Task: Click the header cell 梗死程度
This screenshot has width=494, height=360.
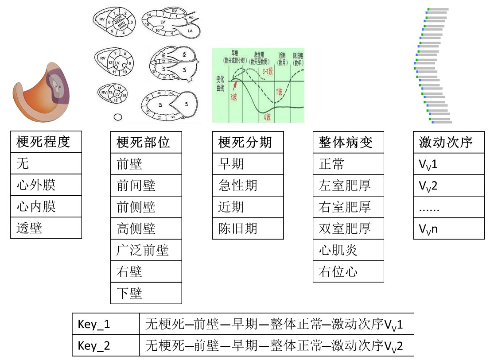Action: pyautogui.click(x=46, y=142)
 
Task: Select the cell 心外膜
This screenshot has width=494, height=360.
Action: pyautogui.click(x=46, y=185)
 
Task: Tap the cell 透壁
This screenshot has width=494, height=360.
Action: pyautogui.click(x=46, y=228)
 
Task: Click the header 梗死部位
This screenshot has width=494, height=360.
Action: pyautogui.click(x=146, y=143)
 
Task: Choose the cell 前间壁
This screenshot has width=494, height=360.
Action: pyautogui.click(x=146, y=186)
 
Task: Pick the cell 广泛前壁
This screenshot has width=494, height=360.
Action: pyautogui.click(x=146, y=250)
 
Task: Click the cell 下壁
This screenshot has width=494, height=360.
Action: pyautogui.click(x=146, y=293)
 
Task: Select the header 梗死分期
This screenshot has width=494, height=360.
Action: pyautogui.click(x=248, y=143)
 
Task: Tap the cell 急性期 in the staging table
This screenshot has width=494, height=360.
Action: pyautogui.click(x=248, y=186)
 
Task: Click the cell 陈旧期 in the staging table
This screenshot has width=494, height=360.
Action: pyautogui.click(x=248, y=228)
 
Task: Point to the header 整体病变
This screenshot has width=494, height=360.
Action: pyautogui.click(x=348, y=143)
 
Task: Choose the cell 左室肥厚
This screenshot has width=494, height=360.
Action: pyautogui.click(x=348, y=186)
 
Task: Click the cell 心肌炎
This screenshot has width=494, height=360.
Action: pyautogui.click(x=348, y=250)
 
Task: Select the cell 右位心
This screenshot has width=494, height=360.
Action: pyautogui.click(x=348, y=271)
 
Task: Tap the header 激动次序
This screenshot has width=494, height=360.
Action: pyautogui.click(x=448, y=143)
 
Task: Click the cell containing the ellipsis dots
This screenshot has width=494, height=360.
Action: pyautogui.click(x=448, y=207)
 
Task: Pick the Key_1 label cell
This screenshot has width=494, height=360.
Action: pyautogui.click(x=106, y=325)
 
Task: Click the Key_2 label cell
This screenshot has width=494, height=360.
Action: pyautogui.click(x=106, y=346)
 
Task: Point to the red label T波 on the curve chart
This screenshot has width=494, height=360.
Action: pyautogui.click(x=279, y=92)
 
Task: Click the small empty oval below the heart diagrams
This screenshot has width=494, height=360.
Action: pyautogui.click(x=118, y=117)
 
